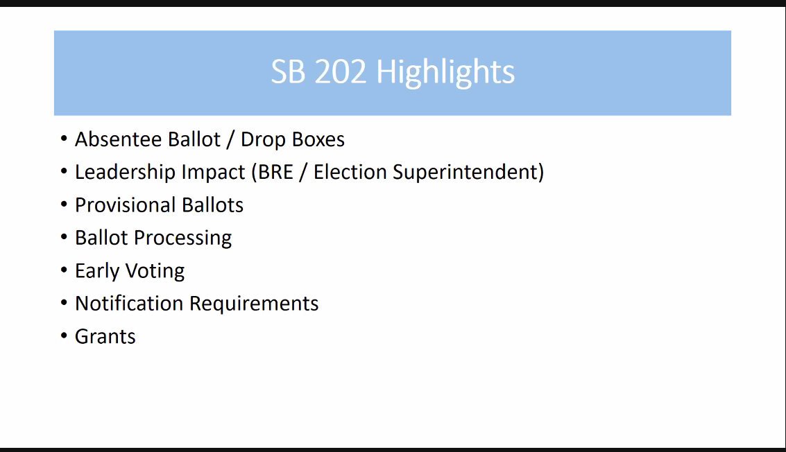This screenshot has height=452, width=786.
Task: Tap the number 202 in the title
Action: click(341, 71)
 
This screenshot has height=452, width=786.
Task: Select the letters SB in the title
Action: click(288, 71)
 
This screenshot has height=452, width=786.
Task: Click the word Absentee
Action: click(119, 139)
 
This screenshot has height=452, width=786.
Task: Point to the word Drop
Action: click(263, 140)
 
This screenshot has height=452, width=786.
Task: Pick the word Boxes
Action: click(318, 139)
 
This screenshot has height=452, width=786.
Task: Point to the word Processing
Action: click(183, 238)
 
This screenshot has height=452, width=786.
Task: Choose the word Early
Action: click(97, 271)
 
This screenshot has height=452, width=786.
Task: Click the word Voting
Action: click(155, 271)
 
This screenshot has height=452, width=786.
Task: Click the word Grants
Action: click(105, 337)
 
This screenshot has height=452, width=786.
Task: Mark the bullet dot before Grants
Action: click(64, 335)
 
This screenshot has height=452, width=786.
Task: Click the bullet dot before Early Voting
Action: click(64, 270)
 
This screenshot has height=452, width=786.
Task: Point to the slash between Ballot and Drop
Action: click(230, 140)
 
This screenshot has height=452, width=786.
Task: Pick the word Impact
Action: click(214, 173)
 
